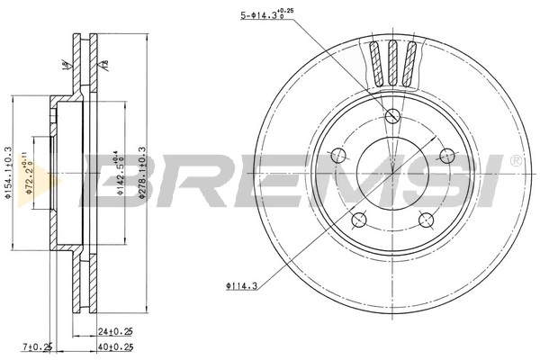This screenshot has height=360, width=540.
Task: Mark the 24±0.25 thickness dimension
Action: pyautogui.click(x=114, y=329)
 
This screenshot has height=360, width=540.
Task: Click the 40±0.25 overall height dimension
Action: pyautogui.click(x=114, y=346)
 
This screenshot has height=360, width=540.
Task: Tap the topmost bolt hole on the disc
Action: pyautogui.click(x=392, y=115)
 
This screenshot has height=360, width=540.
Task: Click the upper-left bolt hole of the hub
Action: pyautogui.click(x=339, y=155)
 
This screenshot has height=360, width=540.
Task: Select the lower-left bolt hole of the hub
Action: pyautogui.click(x=360, y=219)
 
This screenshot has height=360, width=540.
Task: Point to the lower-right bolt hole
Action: pyautogui.click(x=426, y=219)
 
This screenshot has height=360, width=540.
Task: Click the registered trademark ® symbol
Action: pyautogui.click(x=515, y=161)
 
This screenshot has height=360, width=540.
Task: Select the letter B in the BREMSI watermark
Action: pyautogui.click(x=108, y=180)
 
